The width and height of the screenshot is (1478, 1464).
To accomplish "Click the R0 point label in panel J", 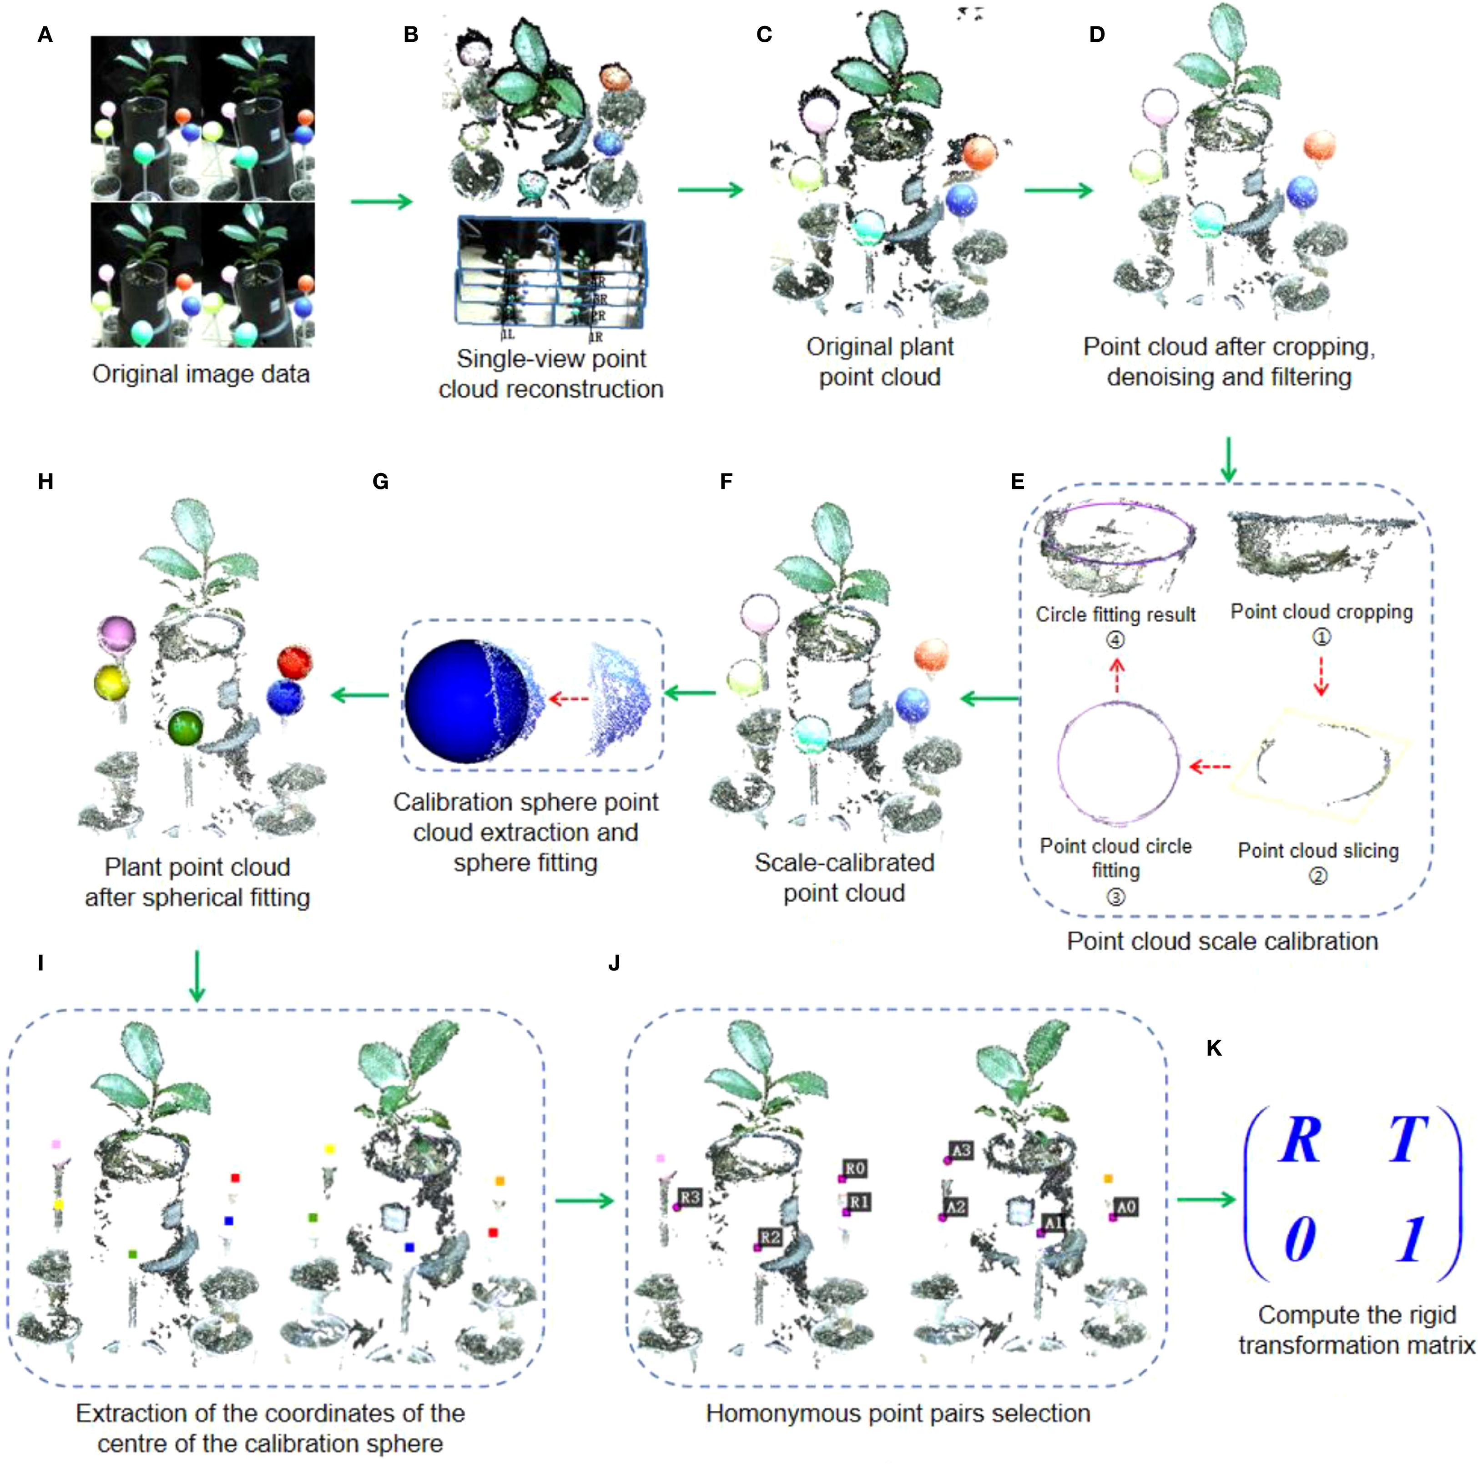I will (x=854, y=1168).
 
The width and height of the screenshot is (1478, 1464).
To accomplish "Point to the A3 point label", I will (x=961, y=1150).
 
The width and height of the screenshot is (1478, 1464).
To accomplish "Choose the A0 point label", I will (x=1126, y=1207).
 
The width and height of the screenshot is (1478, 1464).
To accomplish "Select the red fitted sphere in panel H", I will (x=294, y=662).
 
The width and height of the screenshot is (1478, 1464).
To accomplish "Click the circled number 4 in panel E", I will (x=1115, y=639).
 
